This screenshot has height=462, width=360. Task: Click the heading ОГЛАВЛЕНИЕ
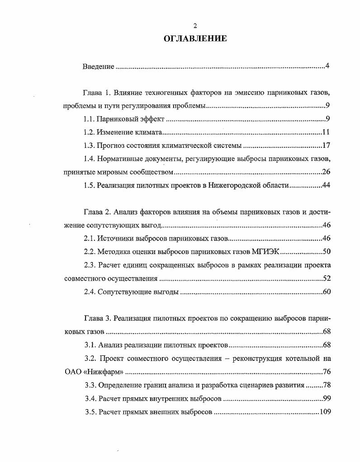point(195,39)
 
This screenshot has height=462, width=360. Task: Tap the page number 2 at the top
point(195,26)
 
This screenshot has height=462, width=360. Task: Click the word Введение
point(98,67)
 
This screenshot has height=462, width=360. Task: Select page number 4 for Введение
point(327,66)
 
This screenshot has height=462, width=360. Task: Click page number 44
point(327,185)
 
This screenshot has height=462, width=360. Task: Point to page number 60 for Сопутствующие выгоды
point(327,292)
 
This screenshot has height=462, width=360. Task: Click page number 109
point(326,412)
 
